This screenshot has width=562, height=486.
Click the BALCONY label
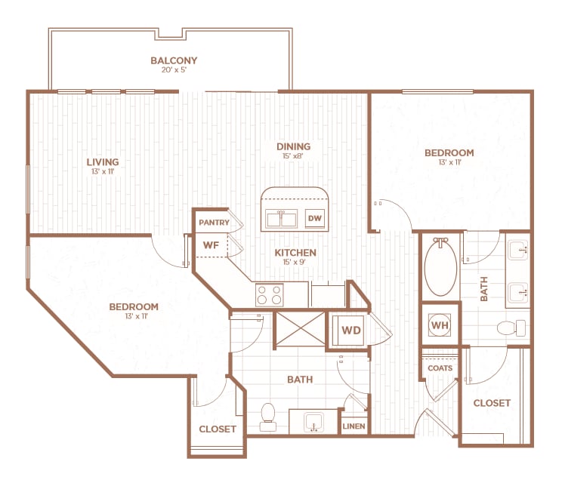[x=174, y=60]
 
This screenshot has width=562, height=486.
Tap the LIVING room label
[x=103, y=161]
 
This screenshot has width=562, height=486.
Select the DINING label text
[x=293, y=147]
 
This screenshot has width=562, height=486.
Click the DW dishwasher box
[x=315, y=219]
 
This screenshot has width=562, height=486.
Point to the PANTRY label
[x=213, y=223]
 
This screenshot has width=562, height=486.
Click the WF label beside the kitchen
[x=211, y=245]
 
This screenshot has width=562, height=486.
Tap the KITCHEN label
[x=295, y=253]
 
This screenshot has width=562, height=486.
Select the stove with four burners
[x=269, y=293]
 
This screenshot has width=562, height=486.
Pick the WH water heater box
[x=439, y=325]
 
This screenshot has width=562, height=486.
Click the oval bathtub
[x=440, y=268]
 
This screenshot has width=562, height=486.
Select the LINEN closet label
[x=354, y=426]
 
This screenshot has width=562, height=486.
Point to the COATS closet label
[x=440, y=368]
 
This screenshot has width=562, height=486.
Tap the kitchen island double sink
[x=283, y=220]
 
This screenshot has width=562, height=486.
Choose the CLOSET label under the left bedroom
[x=218, y=429]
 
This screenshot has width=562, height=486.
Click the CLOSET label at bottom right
[x=492, y=403]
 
